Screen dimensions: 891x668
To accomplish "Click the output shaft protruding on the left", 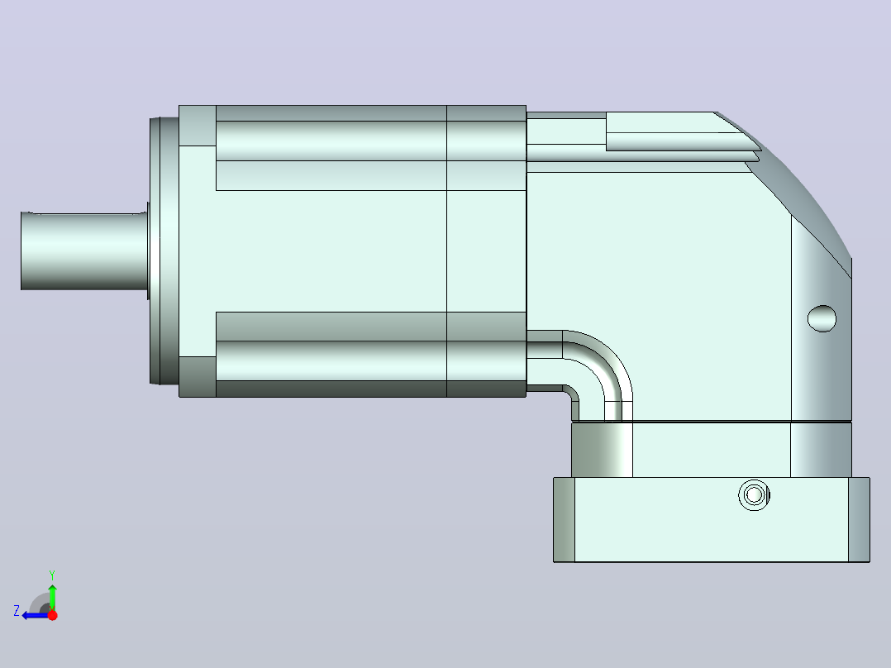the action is click(84, 250).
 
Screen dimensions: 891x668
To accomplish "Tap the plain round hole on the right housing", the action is click(822, 318).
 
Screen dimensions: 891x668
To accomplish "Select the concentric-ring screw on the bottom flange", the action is click(754, 494).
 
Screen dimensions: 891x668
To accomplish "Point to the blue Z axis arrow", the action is click(36, 615).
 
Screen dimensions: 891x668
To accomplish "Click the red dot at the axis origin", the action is click(52, 614).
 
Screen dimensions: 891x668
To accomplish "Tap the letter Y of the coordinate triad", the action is click(52, 575).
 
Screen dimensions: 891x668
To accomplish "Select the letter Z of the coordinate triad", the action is click(17, 611).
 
